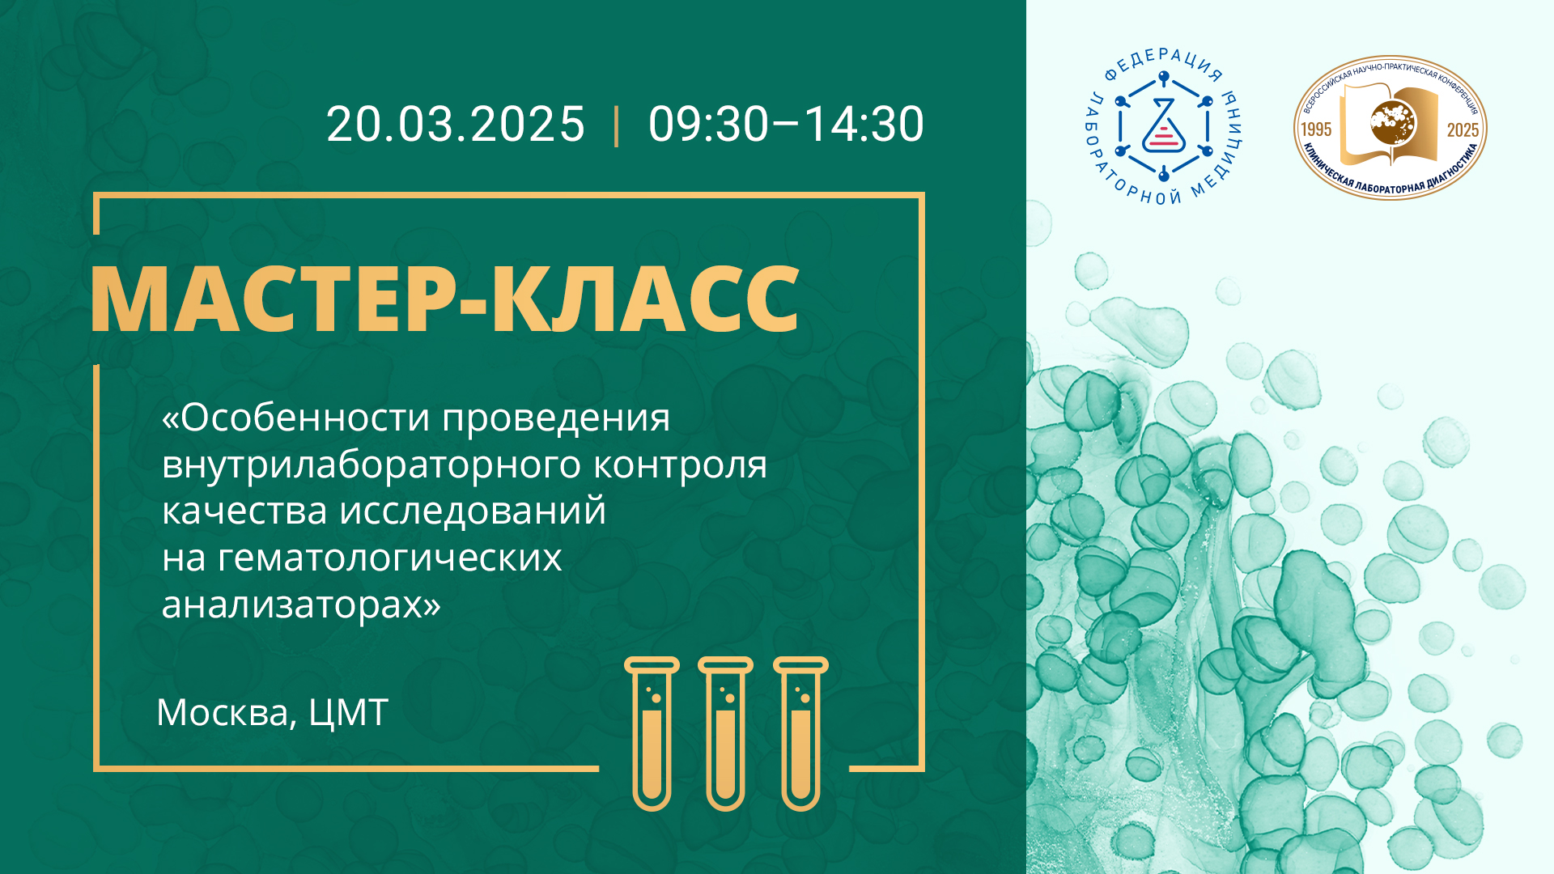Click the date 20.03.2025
(456, 124)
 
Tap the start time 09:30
(708, 124)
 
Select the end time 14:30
(864, 124)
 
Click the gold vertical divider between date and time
(617, 125)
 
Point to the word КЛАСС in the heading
(645, 299)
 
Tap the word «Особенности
(295, 418)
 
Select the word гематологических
(389, 558)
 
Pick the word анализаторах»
(301, 605)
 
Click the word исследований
(473, 511)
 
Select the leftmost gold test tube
(652, 733)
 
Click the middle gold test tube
(725, 733)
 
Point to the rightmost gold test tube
(800, 733)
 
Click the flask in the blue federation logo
(1164, 127)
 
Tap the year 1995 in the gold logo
(1315, 129)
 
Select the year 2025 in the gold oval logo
(1463, 130)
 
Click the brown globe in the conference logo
(1393, 123)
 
